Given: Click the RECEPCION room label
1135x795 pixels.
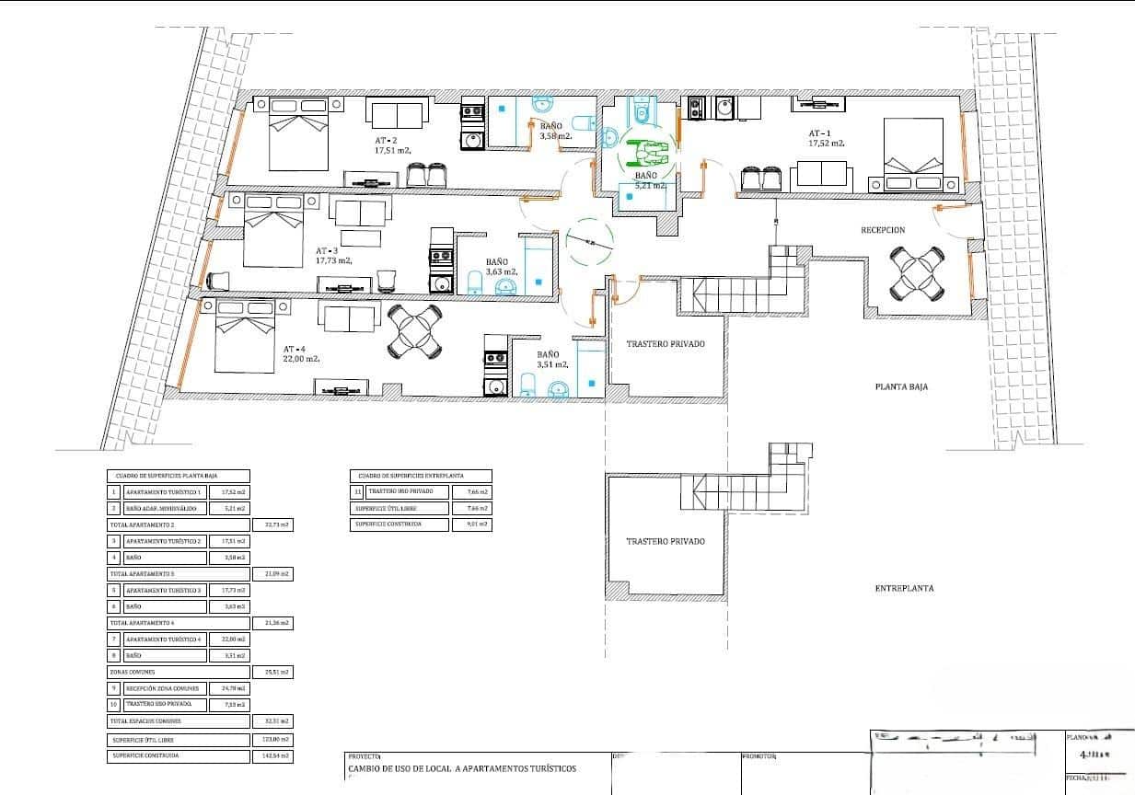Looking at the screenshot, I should pyautogui.click(x=883, y=230).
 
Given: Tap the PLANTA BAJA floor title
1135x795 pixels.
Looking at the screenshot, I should pyautogui.click(x=900, y=387).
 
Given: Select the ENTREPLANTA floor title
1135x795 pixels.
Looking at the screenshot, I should pyautogui.click(x=904, y=588).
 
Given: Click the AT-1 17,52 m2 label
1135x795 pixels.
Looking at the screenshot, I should pyautogui.click(x=827, y=138).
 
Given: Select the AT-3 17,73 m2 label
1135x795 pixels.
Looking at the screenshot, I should pyautogui.click(x=333, y=256).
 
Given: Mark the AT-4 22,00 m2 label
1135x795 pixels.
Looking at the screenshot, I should pyautogui.click(x=301, y=354).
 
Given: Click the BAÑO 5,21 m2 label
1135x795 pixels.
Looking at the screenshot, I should pyautogui.click(x=646, y=179).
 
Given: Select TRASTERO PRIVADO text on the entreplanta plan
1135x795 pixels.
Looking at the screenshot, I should pyautogui.click(x=665, y=542).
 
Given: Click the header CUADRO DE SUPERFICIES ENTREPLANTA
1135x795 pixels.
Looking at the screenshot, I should pyautogui.click(x=419, y=476).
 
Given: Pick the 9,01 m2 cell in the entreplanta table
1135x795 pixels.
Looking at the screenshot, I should pyautogui.click(x=471, y=524).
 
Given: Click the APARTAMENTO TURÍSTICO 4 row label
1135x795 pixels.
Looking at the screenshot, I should pyautogui.click(x=162, y=639).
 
